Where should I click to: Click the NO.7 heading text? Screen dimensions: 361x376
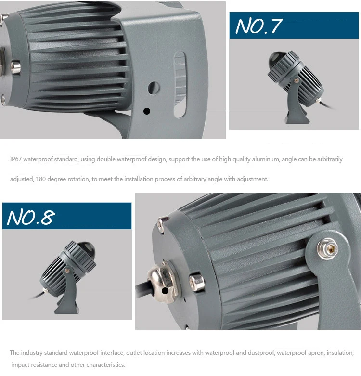coord(259,26)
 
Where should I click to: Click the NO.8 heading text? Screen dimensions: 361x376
coord(31,217)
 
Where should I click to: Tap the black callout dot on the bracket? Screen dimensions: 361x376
coord(147,111)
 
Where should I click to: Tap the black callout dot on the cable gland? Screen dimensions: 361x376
coord(165,291)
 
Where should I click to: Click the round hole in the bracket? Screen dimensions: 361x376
coord(154,88)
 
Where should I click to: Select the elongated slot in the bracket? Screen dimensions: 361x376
coord(180,85)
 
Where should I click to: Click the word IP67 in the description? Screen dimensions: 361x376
coord(15,159)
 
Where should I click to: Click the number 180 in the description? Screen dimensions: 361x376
coord(41,179)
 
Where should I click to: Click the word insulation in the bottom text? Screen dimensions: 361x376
coord(340,353)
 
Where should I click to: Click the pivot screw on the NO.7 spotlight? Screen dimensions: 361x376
coord(297,80)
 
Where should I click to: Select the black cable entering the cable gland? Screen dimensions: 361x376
coord(143,290)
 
